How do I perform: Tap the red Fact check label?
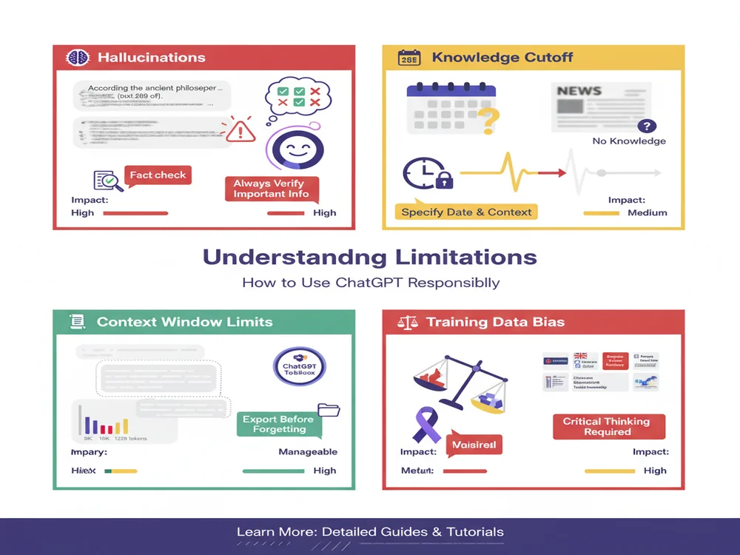click(x=158, y=175)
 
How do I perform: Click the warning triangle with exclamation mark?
click(x=240, y=130)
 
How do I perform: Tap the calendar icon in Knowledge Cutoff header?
click(x=408, y=58)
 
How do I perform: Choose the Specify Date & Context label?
click(x=466, y=212)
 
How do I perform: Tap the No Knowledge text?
click(x=629, y=141)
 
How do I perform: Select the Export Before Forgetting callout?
click(x=278, y=424)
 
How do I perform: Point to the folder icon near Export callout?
click(x=328, y=409)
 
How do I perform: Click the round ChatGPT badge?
click(x=299, y=367)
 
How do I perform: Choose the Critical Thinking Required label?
click(x=606, y=426)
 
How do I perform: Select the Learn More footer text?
click(x=370, y=532)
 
